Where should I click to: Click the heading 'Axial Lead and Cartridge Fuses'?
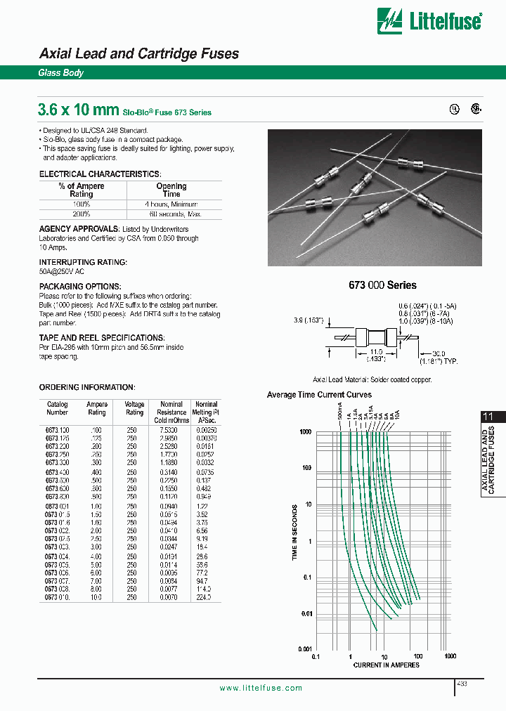click(x=138, y=53)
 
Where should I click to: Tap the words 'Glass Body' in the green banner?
click(x=60, y=73)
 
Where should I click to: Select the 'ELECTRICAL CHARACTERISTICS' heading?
click(x=100, y=174)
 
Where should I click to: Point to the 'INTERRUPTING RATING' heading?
click(x=83, y=262)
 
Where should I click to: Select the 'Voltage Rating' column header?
click(x=134, y=409)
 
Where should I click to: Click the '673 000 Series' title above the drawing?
click(x=382, y=285)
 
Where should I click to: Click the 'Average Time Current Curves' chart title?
click(x=319, y=395)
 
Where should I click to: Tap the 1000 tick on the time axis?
click(x=304, y=432)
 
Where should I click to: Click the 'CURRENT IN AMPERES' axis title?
click(x=386, y=665)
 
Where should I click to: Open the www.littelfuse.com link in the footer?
click(x=261, y=688)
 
